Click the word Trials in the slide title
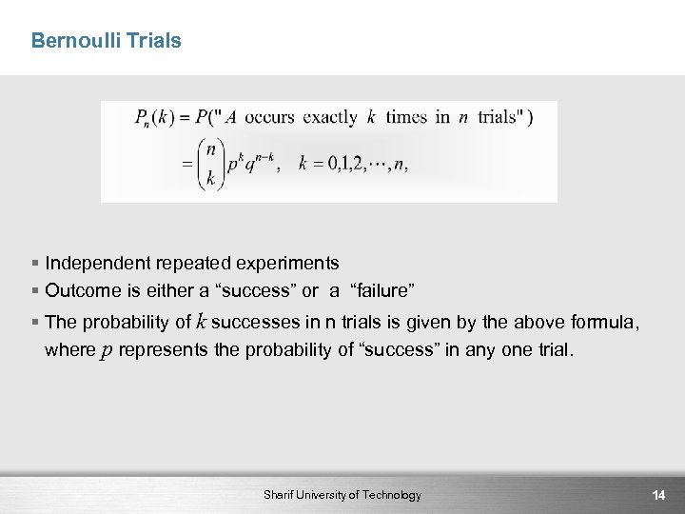coord(151,41)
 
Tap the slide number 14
coord(657,495)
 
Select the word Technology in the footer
coord(388,495)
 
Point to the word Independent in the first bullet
coord(96,263)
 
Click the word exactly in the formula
coord(330,118)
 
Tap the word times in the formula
coord(406,118)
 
